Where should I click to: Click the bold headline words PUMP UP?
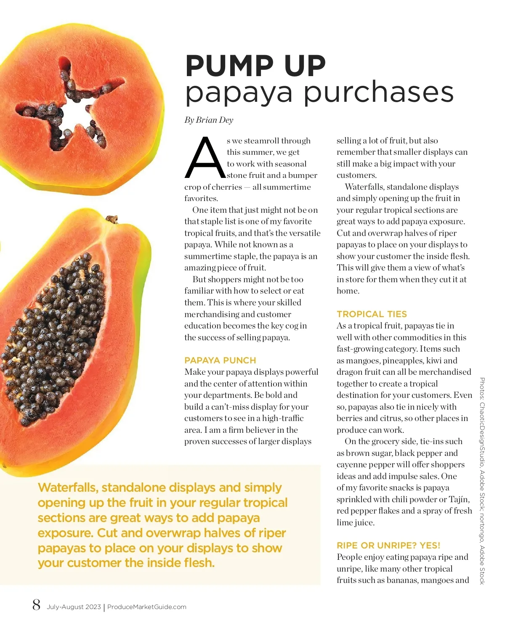tap(255, 66)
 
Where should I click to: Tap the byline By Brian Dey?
tap(209, 120)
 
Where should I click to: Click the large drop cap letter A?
tap(205, 158)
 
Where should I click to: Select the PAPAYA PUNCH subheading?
tap(220, 360)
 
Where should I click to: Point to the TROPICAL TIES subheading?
tap(372, 314)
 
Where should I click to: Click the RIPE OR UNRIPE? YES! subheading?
tap(388, 546)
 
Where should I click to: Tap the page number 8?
tap(37, 605)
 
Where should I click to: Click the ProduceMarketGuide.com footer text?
tap(147, 607)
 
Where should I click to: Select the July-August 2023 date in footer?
tap(74, 607)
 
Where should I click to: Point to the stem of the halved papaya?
tap(112, 219)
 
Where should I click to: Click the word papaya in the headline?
tap(239, 93)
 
